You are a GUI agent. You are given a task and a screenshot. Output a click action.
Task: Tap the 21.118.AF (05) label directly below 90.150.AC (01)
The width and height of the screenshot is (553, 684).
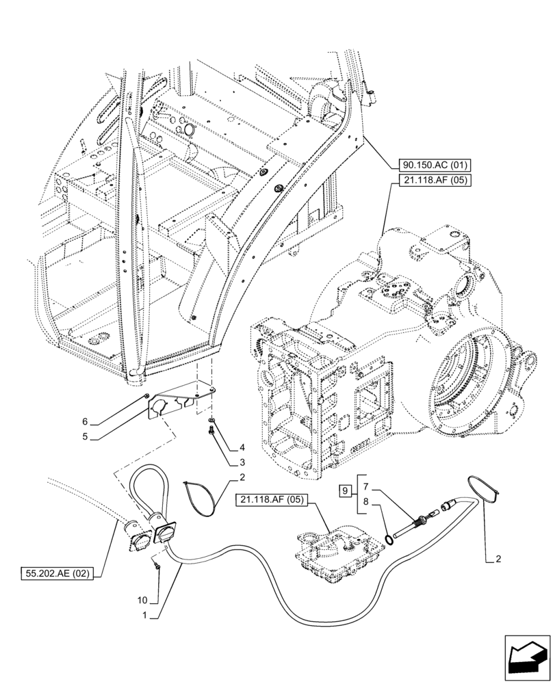(428, 181)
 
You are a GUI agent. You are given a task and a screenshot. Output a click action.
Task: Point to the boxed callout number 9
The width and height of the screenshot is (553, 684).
(346, 490)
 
